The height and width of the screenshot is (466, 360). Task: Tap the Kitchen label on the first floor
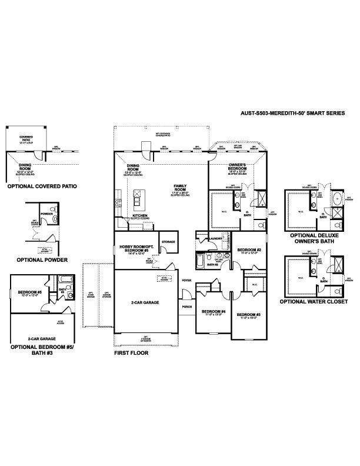click(139, 216)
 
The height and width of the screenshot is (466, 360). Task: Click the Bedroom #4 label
click(213, 312)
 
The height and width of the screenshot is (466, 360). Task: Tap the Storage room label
click(168, 241)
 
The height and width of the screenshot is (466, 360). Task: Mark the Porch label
click(187, 307)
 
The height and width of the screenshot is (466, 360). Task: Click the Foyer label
click(187, 281)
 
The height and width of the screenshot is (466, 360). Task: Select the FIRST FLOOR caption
click(131, 354)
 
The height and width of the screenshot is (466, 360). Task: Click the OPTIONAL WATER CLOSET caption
click(314, 301)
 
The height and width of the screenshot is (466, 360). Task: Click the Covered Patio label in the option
click(26, 139)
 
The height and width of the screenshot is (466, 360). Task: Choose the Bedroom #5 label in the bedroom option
click(28, 292)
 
